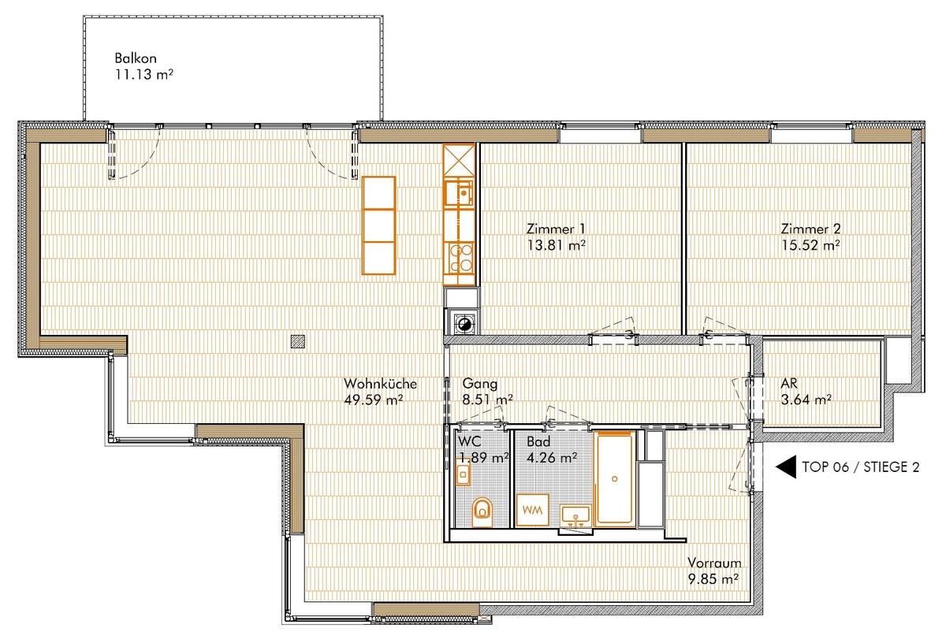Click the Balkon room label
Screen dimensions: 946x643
point(136,58)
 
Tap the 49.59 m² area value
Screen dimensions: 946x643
point(374,400)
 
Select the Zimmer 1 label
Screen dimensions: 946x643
point(556,229)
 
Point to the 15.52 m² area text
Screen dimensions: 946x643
point(810,245)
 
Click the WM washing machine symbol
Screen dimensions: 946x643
point(533,510)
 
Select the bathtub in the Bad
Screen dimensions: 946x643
point(614,479)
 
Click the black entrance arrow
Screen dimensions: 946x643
point(786,467)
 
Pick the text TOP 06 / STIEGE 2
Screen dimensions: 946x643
point(861,467)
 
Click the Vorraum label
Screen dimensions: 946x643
point(714,563)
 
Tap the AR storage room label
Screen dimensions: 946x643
point(789,383)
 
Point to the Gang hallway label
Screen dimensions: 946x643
point(480,383)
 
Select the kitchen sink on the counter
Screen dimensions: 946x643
point(459,193)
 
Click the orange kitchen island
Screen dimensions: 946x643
point(379,225)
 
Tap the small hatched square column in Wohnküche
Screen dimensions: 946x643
point(298,341)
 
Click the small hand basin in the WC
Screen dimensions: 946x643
point(463,474)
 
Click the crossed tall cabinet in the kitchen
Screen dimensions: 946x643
point(459,160)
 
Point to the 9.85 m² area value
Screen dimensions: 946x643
point(713,579)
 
